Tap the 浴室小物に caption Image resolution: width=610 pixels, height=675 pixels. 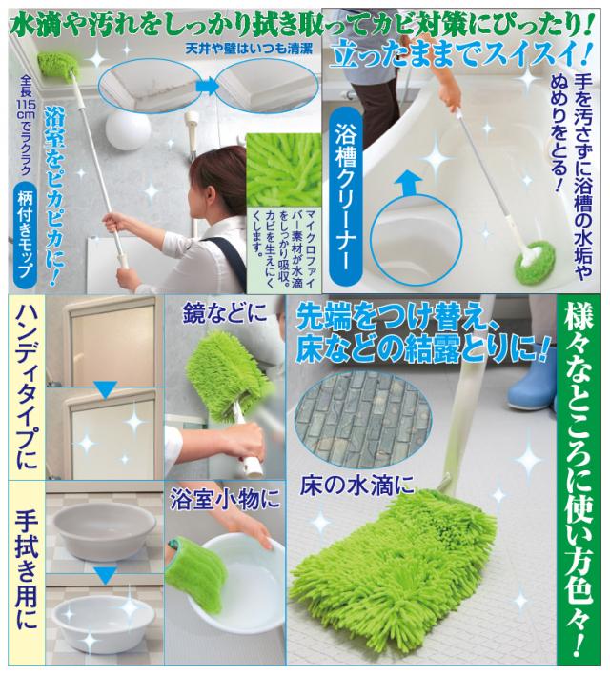(x=224, y=496)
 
